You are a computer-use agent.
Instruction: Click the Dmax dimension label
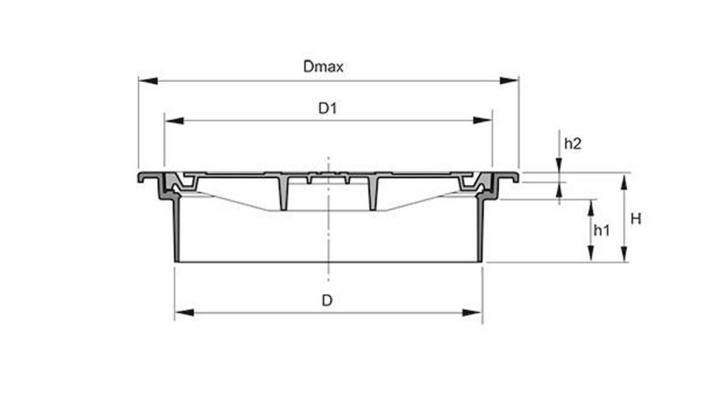(323, 67)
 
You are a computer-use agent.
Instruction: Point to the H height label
(635, 219)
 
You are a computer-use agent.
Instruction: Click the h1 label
(601, 230)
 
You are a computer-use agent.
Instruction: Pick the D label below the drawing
(326, 300)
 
